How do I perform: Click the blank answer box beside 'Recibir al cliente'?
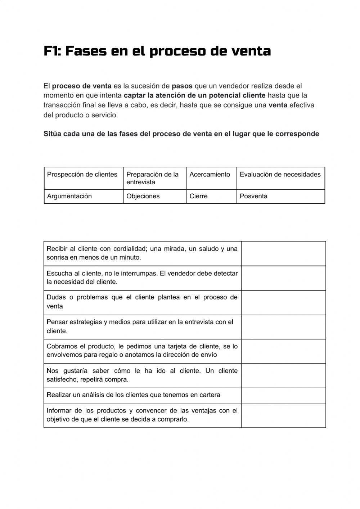point(283,254)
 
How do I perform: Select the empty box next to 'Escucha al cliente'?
point(283,278)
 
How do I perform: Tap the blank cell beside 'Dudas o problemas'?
point(283,303)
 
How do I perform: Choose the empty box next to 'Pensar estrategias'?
point(283,327)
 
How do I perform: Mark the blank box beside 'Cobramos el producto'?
point(283,351)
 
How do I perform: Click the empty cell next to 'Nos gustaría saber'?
point(283,376)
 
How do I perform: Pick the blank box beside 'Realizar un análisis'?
point(283,396)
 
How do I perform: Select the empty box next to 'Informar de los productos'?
point(283,415)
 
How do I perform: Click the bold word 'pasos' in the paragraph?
point(182,86)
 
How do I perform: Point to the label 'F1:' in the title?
point(52,51)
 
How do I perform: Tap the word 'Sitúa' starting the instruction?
point(52,134)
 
